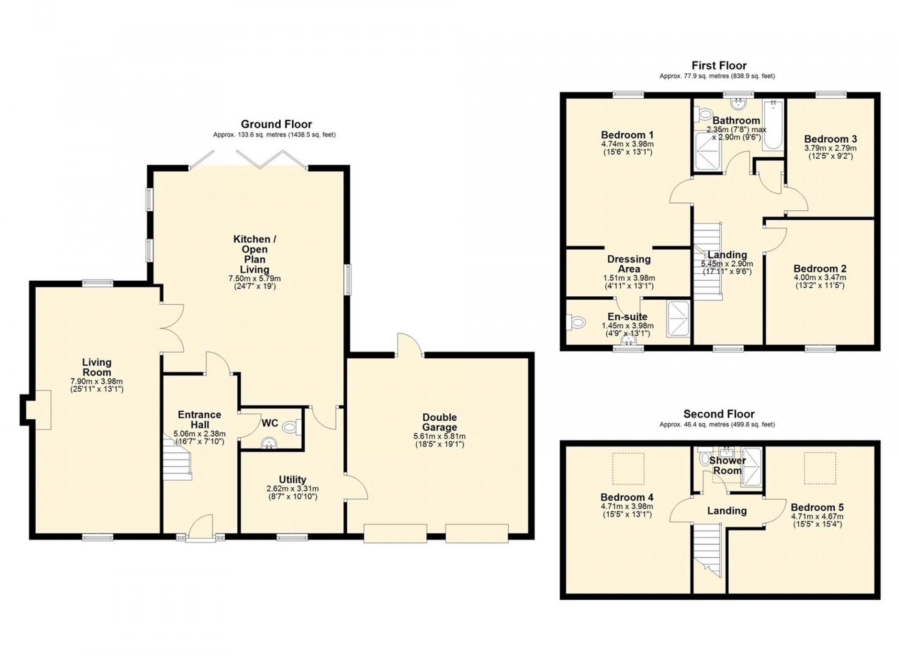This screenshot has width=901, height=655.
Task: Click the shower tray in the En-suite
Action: click(678, 319)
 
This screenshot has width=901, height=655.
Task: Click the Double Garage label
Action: click(439, 422)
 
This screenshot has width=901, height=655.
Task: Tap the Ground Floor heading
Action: click(276, 124)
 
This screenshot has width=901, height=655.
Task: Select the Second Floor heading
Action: click(719, 414)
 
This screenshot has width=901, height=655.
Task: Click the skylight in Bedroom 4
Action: click(628, 468)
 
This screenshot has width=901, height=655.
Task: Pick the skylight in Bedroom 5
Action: click(820, 468)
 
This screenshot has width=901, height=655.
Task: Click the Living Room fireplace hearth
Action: click(38, 409)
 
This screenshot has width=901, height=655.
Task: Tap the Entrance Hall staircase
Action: click(177, 457)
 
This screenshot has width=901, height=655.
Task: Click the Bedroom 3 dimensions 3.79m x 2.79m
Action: click(830, 148)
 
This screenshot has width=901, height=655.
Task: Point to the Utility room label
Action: click(292, 479)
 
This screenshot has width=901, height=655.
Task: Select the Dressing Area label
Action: click(629, 264)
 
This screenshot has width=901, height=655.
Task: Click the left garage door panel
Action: click(395, 533)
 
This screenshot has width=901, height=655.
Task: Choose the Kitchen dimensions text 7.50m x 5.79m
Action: click(254, 278)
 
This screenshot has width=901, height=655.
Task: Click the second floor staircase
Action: click(707, 550)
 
